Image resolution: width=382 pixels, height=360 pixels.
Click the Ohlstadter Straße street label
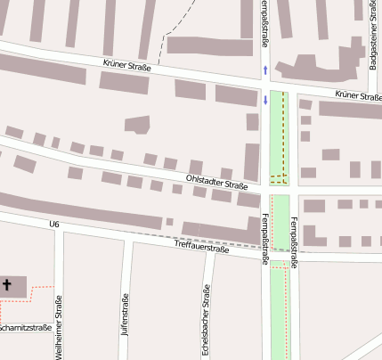tap(216, 183)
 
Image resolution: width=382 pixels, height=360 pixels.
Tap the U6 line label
tap(55, 224)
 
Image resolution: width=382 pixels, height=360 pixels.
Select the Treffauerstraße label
tap(202, 248)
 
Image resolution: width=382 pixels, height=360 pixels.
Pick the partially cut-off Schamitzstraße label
tap(25, 328)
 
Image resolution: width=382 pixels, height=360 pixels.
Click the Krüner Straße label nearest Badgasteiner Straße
tap(358, 95)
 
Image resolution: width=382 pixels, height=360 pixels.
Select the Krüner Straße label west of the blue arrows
tap(128, 65)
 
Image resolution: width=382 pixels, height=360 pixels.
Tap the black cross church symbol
tap(7, 285)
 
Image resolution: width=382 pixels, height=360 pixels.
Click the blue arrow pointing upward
tap(265, 70)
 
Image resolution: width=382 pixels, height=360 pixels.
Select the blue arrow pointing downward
tap(265, 100)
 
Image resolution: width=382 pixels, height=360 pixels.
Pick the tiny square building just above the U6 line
tap(169, 221)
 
